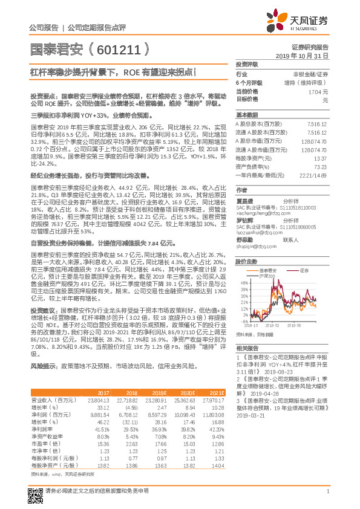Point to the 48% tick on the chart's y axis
coord(244,265)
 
